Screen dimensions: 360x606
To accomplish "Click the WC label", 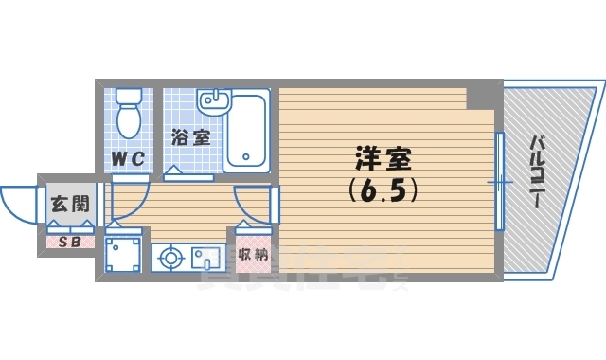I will coord(128,159).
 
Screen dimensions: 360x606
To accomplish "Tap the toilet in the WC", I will coord(128,121).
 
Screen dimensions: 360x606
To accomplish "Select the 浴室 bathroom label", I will coord(189,137).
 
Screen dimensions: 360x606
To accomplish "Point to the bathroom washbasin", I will coord(216,99).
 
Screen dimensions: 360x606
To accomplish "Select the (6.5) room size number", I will coord(383,190).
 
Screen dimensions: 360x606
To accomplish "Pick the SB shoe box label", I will coord(70,242).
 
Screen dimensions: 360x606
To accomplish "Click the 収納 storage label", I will coord(252,254).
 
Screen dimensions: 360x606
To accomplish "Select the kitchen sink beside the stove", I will coord(205,257).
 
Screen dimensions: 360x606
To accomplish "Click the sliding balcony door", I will coord(499,181).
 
